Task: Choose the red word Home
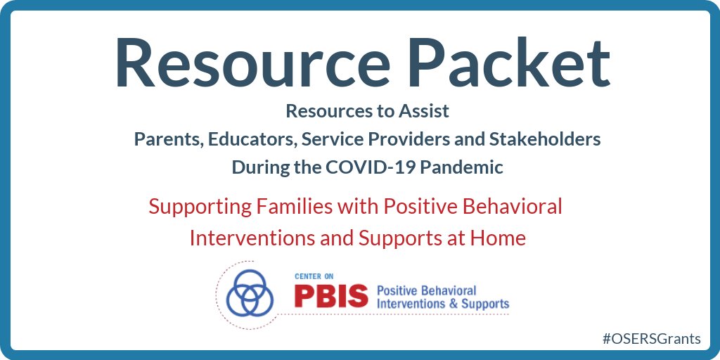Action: (x=501, y=238)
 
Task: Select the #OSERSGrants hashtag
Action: (x=652, y=338)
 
